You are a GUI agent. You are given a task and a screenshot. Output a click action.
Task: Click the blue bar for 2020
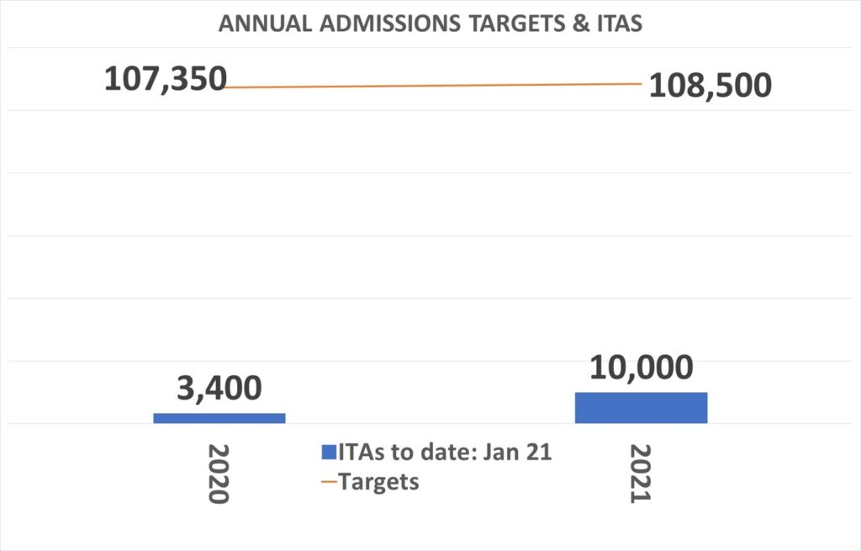pyautogui.click(x=219, y=417)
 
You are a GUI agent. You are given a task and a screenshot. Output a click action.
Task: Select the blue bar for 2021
pyautogui.click(x=641, y=407)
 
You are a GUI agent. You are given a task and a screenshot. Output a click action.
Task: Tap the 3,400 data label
pyautogui.click(x=219, y=388)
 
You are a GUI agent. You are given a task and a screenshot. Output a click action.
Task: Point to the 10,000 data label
pyautogui.click(x=641, y=368)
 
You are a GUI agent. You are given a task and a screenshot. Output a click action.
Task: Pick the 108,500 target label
pyautogui.click(x=710, y=85)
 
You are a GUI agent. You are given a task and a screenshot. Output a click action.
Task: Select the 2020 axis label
pyautogui.click(x=218, y=473)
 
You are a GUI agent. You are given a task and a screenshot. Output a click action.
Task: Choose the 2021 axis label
pyautogui.click(x=642, y=473)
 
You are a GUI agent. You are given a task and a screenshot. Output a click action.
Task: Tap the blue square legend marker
pyautogui.click(x=328, y=453)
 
